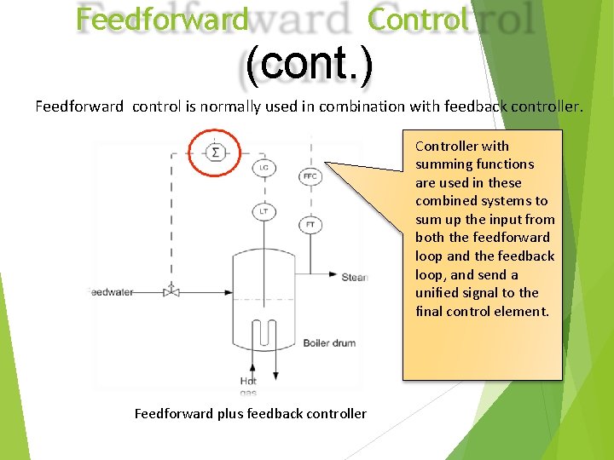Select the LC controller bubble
tap(264, 169)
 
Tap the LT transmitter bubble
tap(264, 211)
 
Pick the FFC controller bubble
tap(310, 177)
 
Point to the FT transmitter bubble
tap(310, 226)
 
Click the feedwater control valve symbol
tap(171, 291)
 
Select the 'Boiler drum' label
tap(329, 343)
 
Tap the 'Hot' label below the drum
tap(248, 382)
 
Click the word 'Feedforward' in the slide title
tap(162, 20)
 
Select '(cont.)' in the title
tap(309, 66)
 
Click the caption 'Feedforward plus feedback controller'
tap(251, 414)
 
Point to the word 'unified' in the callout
tap(439, 293)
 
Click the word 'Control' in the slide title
tap(418, 20)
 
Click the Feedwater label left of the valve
tap(111, 292)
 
